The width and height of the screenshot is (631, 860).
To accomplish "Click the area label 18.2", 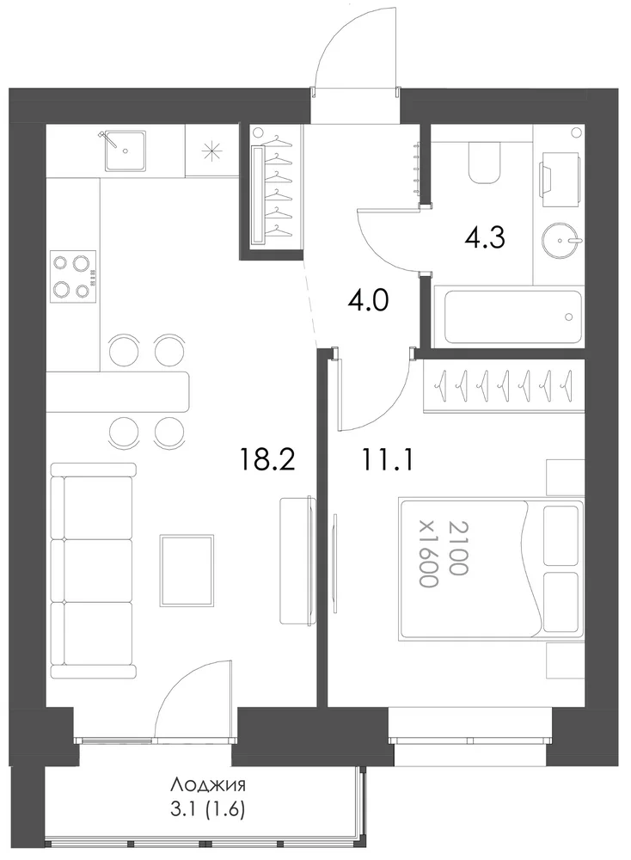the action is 267,458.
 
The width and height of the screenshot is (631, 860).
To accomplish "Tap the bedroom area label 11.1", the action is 387,458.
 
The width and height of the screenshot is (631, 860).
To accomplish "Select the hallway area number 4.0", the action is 369,300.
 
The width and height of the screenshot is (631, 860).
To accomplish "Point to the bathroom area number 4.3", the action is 485,238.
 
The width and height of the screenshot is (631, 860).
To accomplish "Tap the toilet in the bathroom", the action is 485,162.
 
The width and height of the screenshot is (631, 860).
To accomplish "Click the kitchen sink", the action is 126,150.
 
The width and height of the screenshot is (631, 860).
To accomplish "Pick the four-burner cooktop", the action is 73,276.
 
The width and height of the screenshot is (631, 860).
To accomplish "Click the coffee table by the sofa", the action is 187,571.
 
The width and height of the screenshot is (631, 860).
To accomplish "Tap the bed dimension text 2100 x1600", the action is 443,554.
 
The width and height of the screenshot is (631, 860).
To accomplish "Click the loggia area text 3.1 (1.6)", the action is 207,809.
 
